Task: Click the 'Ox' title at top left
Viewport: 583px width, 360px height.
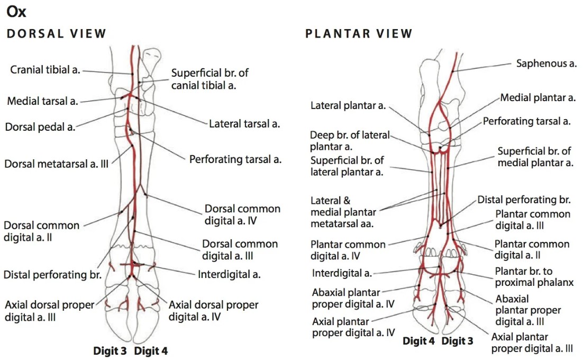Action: coord(17,12)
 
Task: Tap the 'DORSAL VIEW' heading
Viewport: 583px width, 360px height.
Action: coord(56,34)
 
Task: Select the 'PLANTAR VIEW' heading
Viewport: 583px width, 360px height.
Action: coord(359,34)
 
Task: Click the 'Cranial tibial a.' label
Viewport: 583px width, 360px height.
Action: coord(45,70)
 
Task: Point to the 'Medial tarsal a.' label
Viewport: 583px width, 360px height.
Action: coord(42,101)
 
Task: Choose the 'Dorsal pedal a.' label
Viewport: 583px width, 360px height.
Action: coord(40,127)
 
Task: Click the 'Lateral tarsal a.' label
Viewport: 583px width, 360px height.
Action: coord(244,124)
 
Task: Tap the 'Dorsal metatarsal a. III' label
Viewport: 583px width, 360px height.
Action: coord(57,164)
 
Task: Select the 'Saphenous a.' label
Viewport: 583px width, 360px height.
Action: coord(546,64)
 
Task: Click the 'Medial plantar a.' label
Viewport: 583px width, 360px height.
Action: coord(538,97)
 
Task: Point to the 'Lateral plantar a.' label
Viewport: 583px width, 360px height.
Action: coord(348,106)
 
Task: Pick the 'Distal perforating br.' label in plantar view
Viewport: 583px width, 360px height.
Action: coord(524,200)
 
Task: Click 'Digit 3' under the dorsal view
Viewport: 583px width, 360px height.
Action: coord(110,350)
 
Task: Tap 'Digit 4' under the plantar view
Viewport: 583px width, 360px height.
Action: coord(418,341)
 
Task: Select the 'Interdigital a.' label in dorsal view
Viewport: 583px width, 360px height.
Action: coord(229,274)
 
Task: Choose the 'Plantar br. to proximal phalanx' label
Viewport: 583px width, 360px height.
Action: coord(534,277)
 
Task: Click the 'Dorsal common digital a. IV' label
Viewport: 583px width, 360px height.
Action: coord(242,214)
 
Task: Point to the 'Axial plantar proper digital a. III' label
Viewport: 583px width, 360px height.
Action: coord(532,343)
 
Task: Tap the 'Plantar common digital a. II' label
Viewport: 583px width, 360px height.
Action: coord(532,249)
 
